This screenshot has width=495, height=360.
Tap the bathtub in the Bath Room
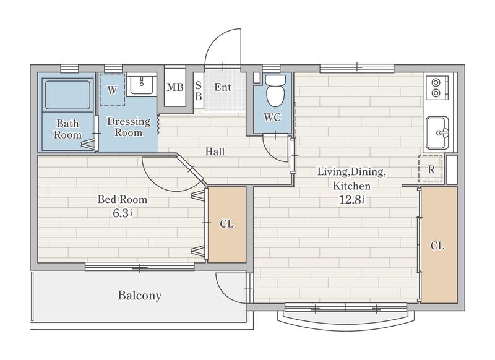67,95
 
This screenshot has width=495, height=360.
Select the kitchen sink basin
437,133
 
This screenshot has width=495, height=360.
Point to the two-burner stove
437,88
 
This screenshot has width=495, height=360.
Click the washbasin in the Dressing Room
142,85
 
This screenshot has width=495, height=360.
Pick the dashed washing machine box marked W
113,90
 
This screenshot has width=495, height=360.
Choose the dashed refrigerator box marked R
431,169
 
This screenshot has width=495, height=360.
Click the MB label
175,87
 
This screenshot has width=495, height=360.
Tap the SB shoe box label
198,90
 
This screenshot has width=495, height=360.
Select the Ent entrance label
223,87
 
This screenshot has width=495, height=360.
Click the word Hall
215,152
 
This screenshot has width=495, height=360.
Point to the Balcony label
140,295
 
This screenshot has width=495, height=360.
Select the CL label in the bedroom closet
226,224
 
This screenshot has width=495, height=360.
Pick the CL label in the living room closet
437,246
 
